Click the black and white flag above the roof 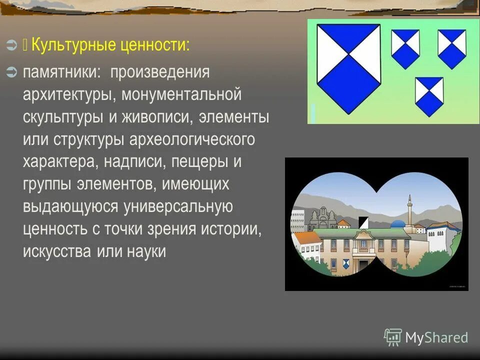click(x=363, y=222)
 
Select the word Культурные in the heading click(x=74, y=45)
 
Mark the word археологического click(x=192, y=139)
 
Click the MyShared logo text click(x=436, y=337)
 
